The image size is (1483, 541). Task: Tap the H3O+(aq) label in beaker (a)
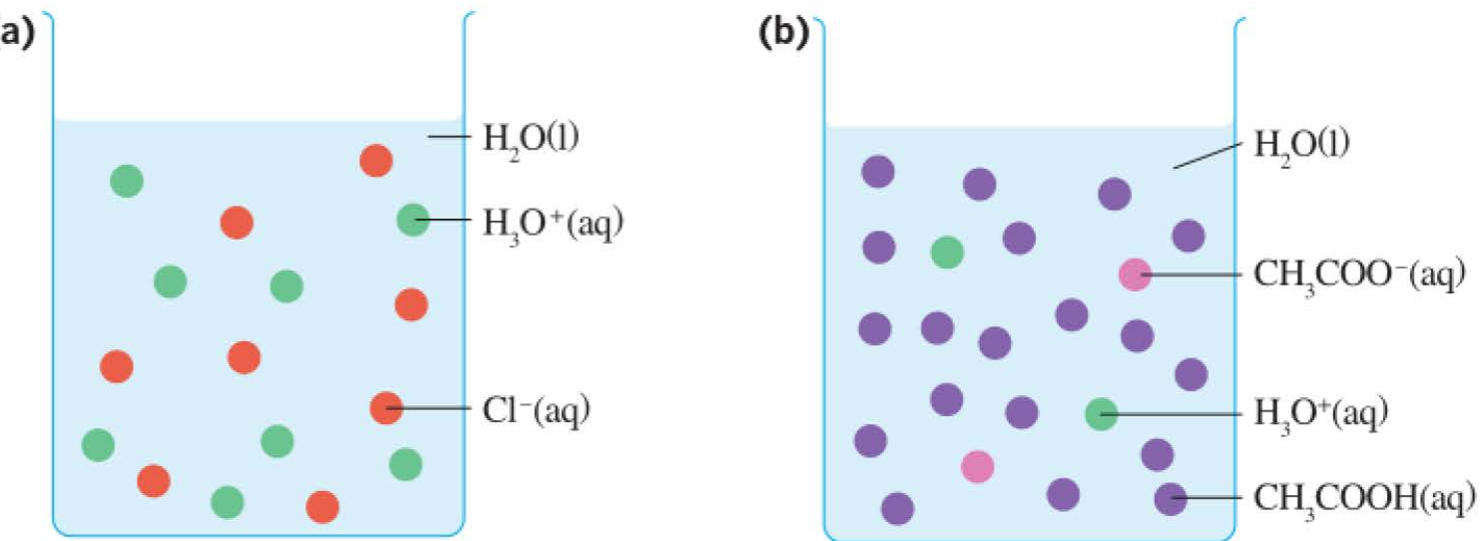(553, 226)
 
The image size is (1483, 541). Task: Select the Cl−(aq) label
(536, 410)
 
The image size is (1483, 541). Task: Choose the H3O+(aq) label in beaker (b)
(1320, 415)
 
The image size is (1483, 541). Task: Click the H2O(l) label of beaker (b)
(1301, 147)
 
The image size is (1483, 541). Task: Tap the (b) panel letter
(783, 33)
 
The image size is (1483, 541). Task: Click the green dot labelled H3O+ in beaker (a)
(413, 220)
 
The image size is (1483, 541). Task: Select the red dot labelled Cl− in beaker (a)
(386, 408)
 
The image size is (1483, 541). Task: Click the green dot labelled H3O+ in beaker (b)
(1102, 414)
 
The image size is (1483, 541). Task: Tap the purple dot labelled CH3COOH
(1171, 499)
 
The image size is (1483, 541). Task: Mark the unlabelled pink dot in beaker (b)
(978, 467)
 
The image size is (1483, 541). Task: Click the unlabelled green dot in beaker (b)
(947, 253)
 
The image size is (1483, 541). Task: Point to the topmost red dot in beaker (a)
(376, 161)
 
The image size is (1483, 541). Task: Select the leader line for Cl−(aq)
(428, 408)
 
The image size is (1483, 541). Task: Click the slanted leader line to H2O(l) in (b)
(1208, 156)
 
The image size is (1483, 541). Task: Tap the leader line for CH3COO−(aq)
(1191, 274)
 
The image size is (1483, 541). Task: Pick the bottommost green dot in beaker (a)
(228, 503)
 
